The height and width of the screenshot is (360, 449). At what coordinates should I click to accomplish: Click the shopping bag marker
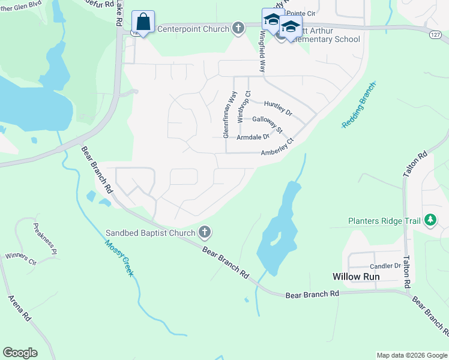tap(143, 23)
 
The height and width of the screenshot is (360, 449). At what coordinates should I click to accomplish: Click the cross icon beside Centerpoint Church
tap(238, 28)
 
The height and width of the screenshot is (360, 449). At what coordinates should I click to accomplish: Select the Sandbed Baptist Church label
tap(151, 233)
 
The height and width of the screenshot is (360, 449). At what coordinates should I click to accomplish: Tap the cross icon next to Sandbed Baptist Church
tap(205, 232)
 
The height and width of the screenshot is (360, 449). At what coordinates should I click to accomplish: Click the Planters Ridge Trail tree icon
tap(430, 220)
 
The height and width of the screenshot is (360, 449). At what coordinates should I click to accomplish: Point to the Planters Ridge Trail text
tap(384, 221)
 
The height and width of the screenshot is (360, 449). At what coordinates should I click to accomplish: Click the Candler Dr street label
tap(385, 266)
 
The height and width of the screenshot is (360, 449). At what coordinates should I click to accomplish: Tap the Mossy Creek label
tap(119, 258)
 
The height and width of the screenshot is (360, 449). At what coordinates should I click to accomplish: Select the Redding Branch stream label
tap(358, 105)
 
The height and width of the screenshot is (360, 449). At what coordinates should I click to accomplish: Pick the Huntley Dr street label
tap(277, 108)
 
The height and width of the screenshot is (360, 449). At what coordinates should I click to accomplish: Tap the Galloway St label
tap(267, 123)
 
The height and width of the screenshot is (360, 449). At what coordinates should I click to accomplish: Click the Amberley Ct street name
tap(277, 149)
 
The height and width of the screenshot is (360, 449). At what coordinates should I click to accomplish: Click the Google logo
tap(20, 353)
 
